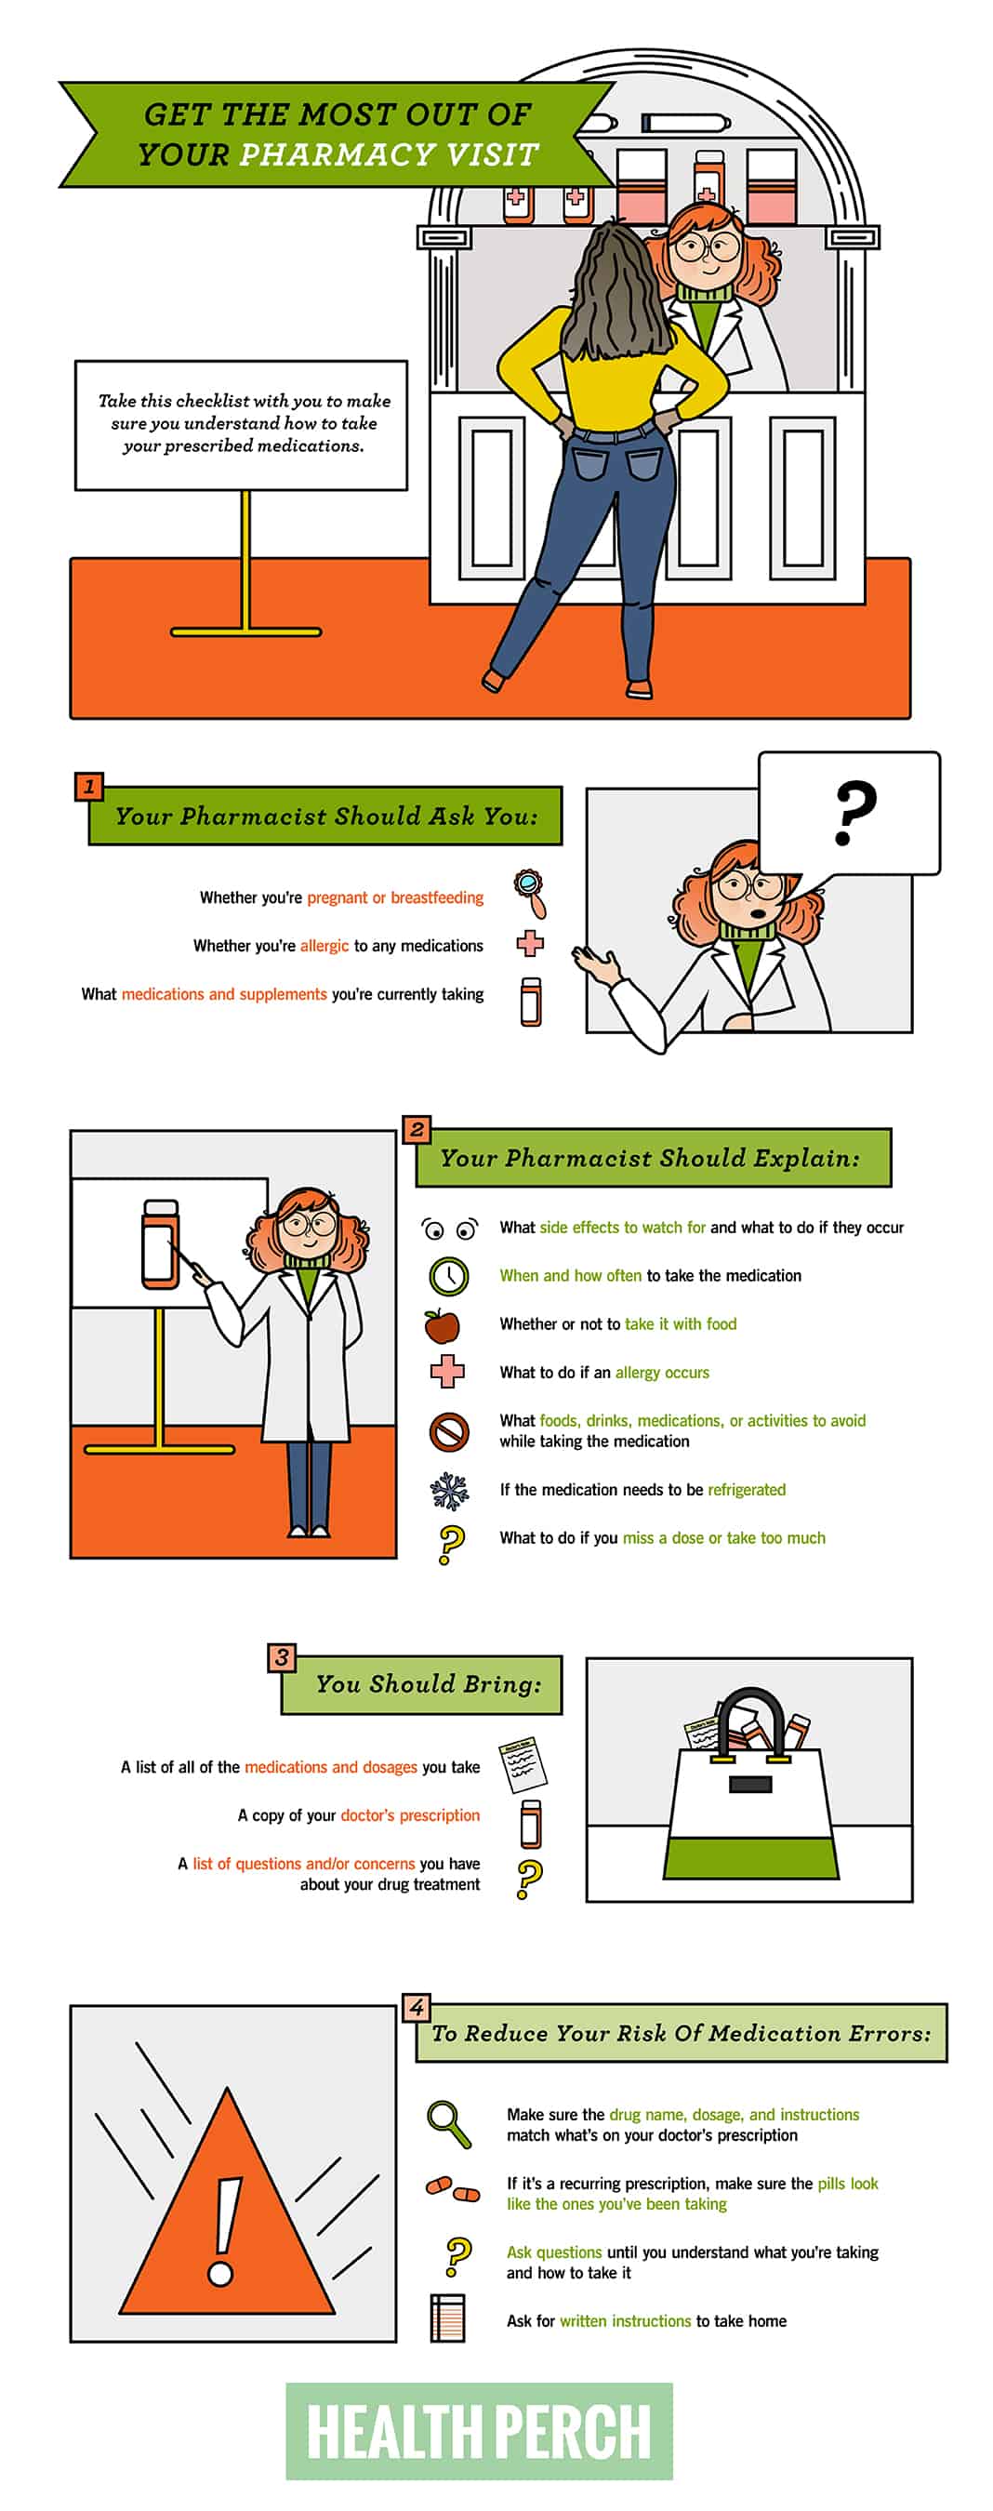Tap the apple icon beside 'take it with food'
tap(443, 1323)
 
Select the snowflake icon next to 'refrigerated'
tap(449, 1490)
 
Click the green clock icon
tap(448, 1275)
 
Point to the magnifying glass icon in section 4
tap(448, 2124)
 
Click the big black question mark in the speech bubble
tap(854, 812)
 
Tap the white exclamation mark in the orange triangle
tap(224, 2230)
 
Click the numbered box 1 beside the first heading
tap(88, 786)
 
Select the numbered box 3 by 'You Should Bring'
tap(282, 1657)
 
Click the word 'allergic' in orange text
tap(324, 946)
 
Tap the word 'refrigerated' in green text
tap(747, 1490)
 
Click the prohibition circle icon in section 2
tap(449, 1432)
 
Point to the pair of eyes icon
tap(449, 1229)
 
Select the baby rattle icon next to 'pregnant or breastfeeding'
tap(531, 893)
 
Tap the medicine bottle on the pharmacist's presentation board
tap(161, 1243)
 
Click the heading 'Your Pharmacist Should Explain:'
tap(650, 1157)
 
